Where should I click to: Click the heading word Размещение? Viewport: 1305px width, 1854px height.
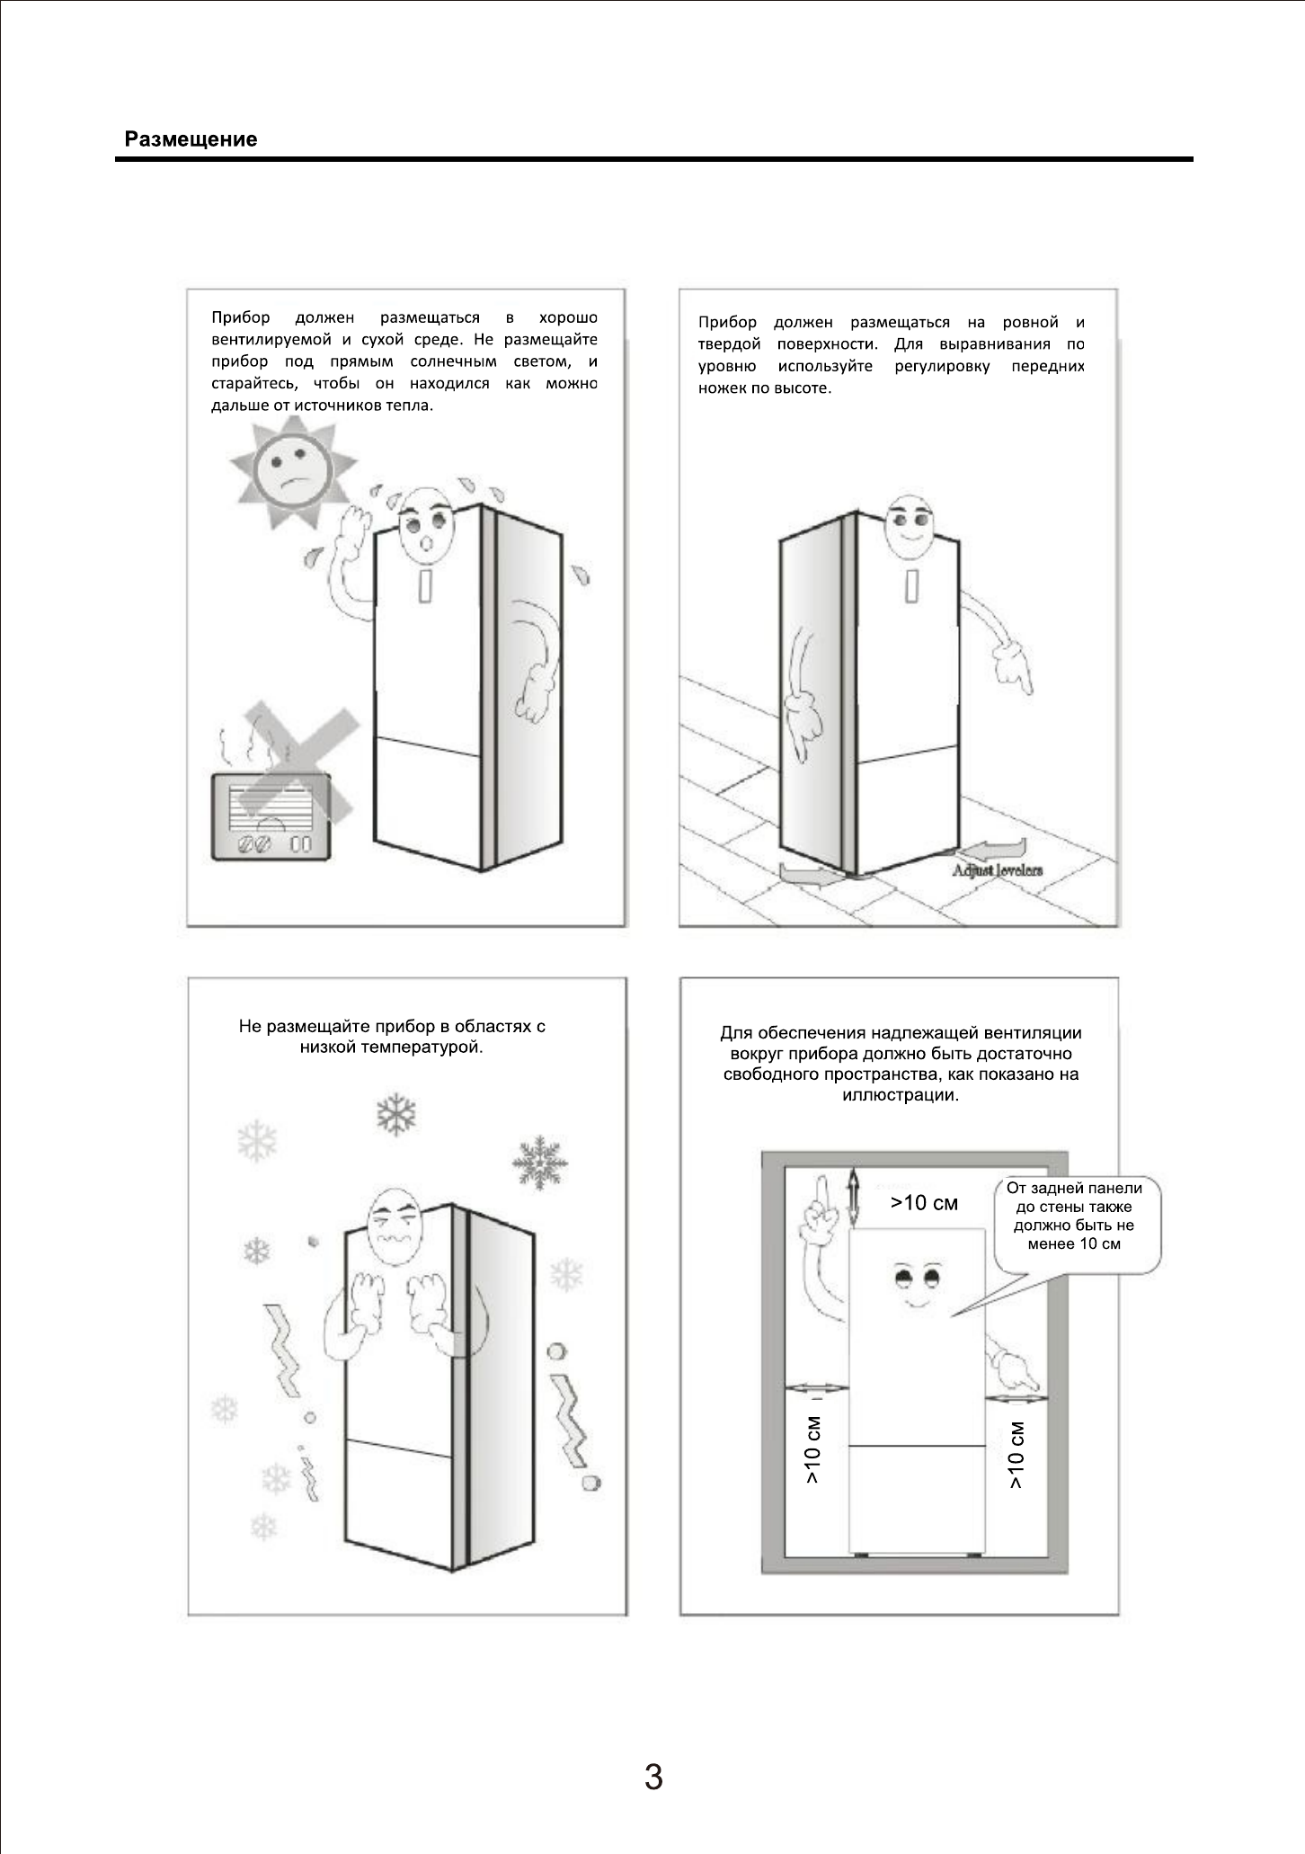[x=191, y=139]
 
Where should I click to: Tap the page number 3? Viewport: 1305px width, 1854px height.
[x=653, y=1778]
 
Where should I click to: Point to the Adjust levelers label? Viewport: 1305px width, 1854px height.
[x=998, y=869]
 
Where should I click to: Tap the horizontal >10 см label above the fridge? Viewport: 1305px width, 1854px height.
[x=924, y=1203]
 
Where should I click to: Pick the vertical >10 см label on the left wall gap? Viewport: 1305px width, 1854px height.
[x=812, y=1450]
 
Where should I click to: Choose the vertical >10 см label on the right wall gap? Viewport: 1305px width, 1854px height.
[x=1016, y=1455]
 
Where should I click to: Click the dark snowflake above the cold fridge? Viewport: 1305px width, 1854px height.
[x=396, y=1114]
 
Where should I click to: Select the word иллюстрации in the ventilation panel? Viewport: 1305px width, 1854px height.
[x=901, y=1095]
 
